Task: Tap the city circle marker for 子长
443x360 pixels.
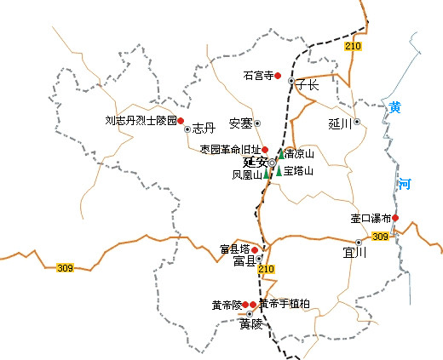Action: (291, 82)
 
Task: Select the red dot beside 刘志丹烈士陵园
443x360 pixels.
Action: (181, 121)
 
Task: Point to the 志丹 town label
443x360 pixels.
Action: (202, 129)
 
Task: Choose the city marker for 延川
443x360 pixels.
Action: (358, 122)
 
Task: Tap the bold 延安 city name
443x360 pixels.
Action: (255, 162)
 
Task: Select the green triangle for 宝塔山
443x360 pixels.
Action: (279, 170)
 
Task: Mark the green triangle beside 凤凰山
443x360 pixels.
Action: (267, 174)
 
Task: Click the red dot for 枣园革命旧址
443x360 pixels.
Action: (265, 149)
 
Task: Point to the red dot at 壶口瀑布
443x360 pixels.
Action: (395, 218)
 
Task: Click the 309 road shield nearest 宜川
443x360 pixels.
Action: (381, 236)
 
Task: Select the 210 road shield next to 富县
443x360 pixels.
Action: (267, 270)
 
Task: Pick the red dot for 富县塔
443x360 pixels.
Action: (255, 250)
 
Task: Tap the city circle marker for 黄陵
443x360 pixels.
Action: (250, 313)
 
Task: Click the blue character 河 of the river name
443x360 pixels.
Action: (404, 183)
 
